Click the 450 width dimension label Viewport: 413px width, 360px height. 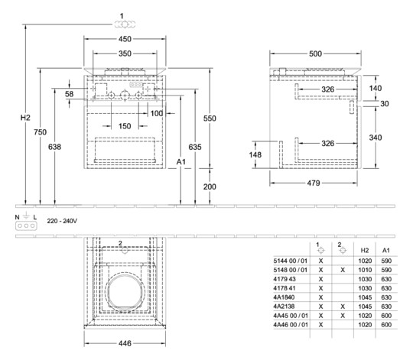point(125,39)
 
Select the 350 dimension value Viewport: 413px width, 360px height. point(125,54)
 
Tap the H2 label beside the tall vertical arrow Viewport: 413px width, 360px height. point(25,118)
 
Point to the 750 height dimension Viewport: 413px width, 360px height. point(40,132)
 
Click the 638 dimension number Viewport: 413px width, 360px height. point(54,147)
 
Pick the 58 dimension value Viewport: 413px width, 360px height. point(69,94)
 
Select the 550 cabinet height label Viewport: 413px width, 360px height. point(210,118)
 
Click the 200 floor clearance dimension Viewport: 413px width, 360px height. point(210,186)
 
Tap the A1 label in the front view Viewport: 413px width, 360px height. point(181,162)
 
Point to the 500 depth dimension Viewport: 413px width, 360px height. point(315,54)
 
